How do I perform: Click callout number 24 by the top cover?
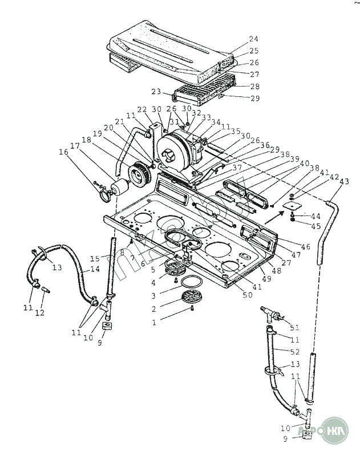pyautogui.click(x=253, y=39)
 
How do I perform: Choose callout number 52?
pyautogui.click(x=294, y=351)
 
